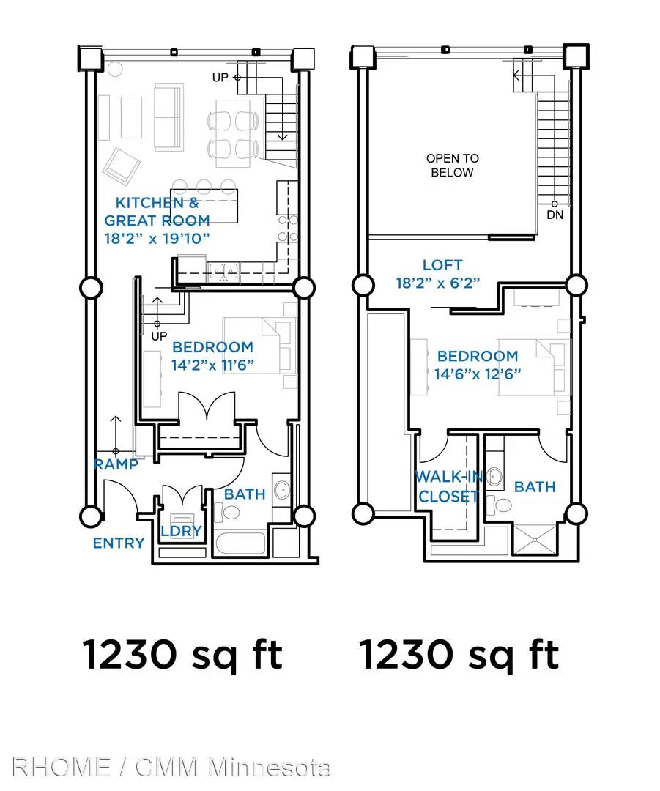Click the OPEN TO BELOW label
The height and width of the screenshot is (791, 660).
coord(453,166)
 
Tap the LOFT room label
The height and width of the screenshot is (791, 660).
coord(442,265)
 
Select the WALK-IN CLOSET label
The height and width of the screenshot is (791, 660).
coord(448,486)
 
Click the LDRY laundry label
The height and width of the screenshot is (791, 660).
coord(181,531)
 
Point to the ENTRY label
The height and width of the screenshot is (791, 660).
coord(119,543)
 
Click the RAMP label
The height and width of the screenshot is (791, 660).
coord(116,464)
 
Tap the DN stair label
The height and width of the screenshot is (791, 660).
coord(555,215)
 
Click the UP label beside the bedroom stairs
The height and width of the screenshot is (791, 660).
coord(159,336)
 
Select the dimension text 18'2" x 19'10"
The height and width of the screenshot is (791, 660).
coord(157,239)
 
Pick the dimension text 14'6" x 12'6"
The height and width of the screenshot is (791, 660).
coord(478,374)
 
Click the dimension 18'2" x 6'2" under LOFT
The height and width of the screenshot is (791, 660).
coord(438,283)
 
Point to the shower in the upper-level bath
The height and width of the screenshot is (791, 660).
coord(535,540)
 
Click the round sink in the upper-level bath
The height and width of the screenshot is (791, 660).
coord(494,476)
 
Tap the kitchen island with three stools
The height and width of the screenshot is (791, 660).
coord(204,206)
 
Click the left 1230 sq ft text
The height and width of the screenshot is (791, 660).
coord(182,654)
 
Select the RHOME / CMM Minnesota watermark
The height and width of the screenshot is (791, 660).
coord(171,768)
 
